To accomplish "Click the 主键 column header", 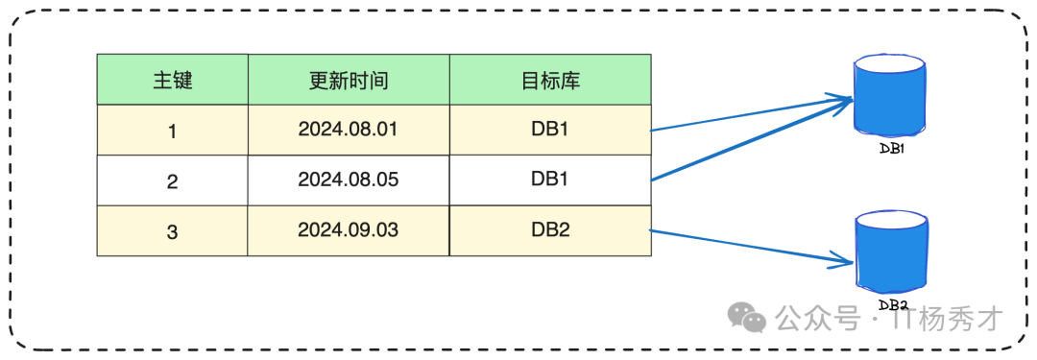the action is (x=172, y=80).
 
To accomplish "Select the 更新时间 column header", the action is (x=348, y=80).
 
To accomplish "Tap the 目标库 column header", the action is (x=550, y=80).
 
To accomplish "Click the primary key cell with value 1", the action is (x=172, y=131).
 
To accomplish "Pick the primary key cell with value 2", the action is (x=172, y=180).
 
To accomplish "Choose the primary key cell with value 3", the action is (x=172, y=230).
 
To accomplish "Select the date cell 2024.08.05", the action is (x=348, y=180).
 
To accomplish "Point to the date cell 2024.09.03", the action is (x=348, y=229).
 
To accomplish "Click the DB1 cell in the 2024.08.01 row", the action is (x=550, y=129).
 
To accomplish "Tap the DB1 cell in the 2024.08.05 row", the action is (x=550, y=179).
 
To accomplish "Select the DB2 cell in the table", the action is (x=550, y=229).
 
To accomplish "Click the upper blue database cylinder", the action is (x=889, y=97).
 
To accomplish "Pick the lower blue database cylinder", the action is (x=891, y=252).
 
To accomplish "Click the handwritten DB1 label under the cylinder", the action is (x=893, y=149).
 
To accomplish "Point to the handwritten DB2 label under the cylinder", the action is (x=893, y=304).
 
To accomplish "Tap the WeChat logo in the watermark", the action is (x=746, y=316).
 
